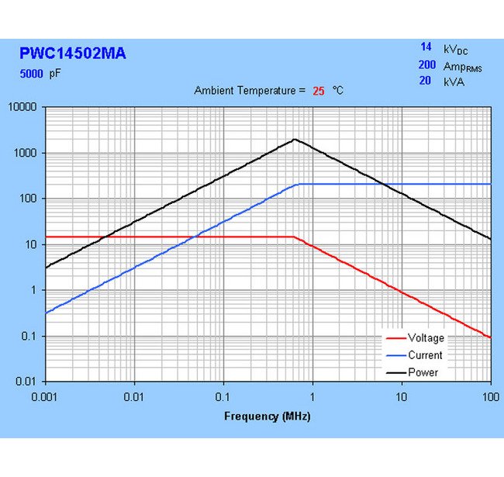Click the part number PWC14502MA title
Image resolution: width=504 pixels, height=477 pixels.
[x=72, y=54]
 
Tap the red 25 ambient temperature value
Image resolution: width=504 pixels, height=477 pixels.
[x=318, y=91]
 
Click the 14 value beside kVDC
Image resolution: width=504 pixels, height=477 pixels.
[x=426, y=48]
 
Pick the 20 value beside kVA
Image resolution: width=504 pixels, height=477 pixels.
[x=425, y=81]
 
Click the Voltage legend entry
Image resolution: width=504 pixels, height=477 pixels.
[x=426, y=338]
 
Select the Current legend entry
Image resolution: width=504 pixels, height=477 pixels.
[x=425, y=355]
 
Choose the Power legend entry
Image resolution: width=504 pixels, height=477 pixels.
[x=423, y=372]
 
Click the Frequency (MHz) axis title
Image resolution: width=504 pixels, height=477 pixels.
[x=267, y=417]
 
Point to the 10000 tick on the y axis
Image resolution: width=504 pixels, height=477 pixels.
[x=22, y=107]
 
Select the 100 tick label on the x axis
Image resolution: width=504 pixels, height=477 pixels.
[x=490, y=396]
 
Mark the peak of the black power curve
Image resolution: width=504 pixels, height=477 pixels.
[x=294, y=140]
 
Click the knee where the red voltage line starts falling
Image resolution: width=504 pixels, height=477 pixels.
[x=295, y=237]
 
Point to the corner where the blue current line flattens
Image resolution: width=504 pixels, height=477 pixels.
[x=298, y=184]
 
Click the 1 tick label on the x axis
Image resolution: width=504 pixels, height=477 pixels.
[x=312, y=396]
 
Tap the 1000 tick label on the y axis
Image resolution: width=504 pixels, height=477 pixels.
[x=26, y=153]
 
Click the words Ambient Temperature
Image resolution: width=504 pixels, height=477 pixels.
[x=244, y=91]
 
